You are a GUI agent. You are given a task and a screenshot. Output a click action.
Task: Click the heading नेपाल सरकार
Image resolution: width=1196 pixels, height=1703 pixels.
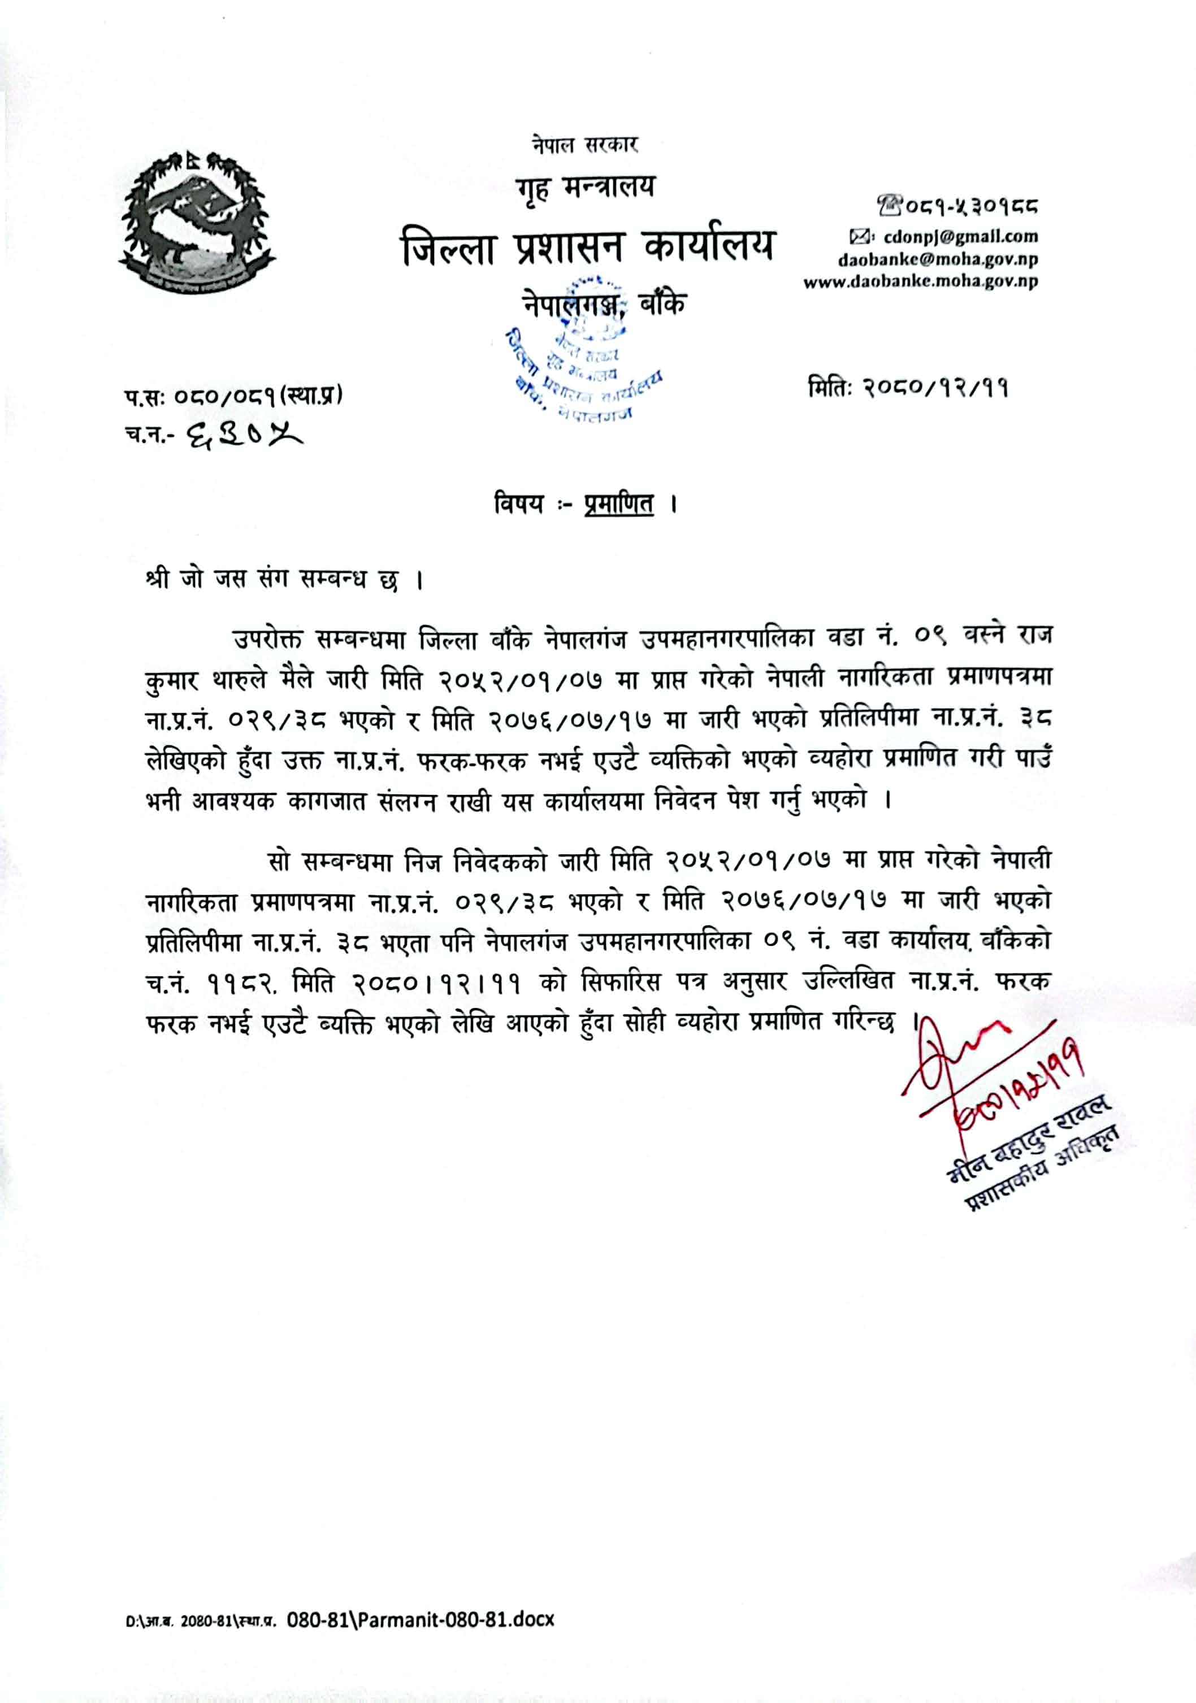tap(584, 144)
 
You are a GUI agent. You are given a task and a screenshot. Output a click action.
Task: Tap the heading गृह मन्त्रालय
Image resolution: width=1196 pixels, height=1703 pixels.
tap(586, 188)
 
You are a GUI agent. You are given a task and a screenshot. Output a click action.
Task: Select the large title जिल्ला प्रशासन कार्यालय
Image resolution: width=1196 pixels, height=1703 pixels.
tap(587, 246)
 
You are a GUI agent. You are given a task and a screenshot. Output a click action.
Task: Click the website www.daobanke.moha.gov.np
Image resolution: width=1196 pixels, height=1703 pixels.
tap(921, 282)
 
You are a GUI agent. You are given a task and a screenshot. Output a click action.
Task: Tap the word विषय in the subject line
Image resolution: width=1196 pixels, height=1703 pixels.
tap(519, 505)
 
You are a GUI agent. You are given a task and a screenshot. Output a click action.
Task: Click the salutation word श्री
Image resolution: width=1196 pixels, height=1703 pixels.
tap(159, 579)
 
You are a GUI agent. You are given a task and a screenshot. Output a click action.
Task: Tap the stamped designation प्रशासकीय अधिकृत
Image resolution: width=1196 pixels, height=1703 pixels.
tap(1042, 1170)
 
